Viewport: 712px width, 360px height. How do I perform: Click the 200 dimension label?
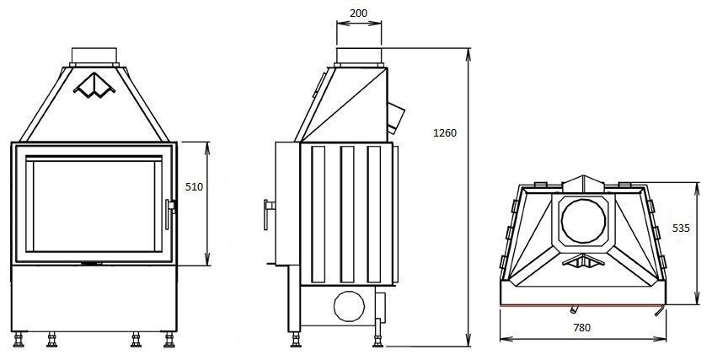tap(359, 13)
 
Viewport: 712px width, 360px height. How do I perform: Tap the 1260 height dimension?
tap(445, 132)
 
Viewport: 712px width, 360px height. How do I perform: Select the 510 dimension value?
tap(194, 187)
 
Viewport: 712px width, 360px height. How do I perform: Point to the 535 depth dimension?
tap(681, 228)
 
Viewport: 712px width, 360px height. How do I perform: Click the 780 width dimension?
tap(581, 327)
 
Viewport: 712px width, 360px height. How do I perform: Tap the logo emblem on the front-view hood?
tap(94, 85)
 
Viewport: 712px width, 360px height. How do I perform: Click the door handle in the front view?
tap(170, 213)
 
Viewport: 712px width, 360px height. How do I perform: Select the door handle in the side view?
tap(269, 214)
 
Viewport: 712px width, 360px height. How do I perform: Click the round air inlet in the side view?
tap(349, 306)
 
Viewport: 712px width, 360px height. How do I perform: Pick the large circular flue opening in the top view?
tap(583, 222)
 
